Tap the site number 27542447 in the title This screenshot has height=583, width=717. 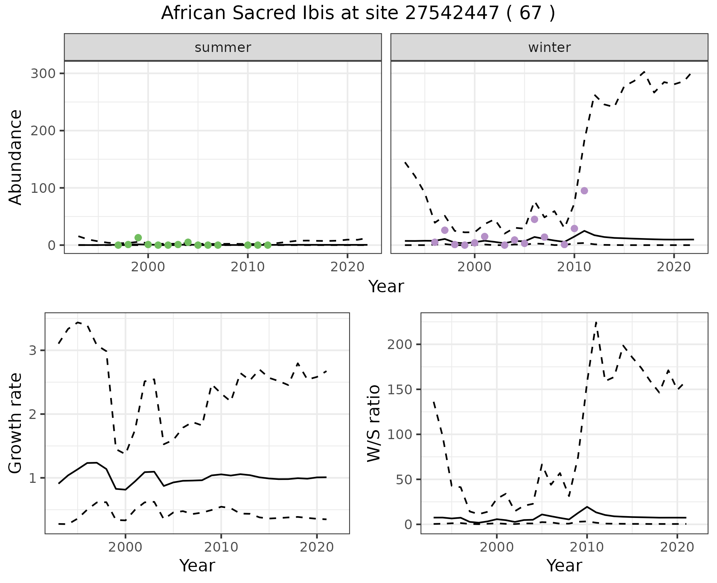point(452,13)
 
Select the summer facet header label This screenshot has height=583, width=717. point(223,47)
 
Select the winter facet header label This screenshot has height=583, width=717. point(549,47)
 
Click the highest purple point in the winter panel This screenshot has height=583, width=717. point(584,191)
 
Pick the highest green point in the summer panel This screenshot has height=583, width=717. point(138,237)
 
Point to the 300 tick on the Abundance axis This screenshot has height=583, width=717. point(43,73)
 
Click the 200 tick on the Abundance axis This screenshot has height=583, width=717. point(43,130)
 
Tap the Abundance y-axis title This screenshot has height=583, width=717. point(16,157)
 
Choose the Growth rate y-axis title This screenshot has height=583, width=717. point(16,423)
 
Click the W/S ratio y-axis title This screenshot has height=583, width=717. point(374,423)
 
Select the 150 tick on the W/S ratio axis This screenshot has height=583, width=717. point(400,389)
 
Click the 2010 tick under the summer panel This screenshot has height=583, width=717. point(248,267)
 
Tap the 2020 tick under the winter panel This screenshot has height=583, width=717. point(674,267)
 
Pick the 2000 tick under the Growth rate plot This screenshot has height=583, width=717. point(125,547)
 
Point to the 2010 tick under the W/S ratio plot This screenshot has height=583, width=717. point(587,547)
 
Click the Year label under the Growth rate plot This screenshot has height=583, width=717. point(197,566)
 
